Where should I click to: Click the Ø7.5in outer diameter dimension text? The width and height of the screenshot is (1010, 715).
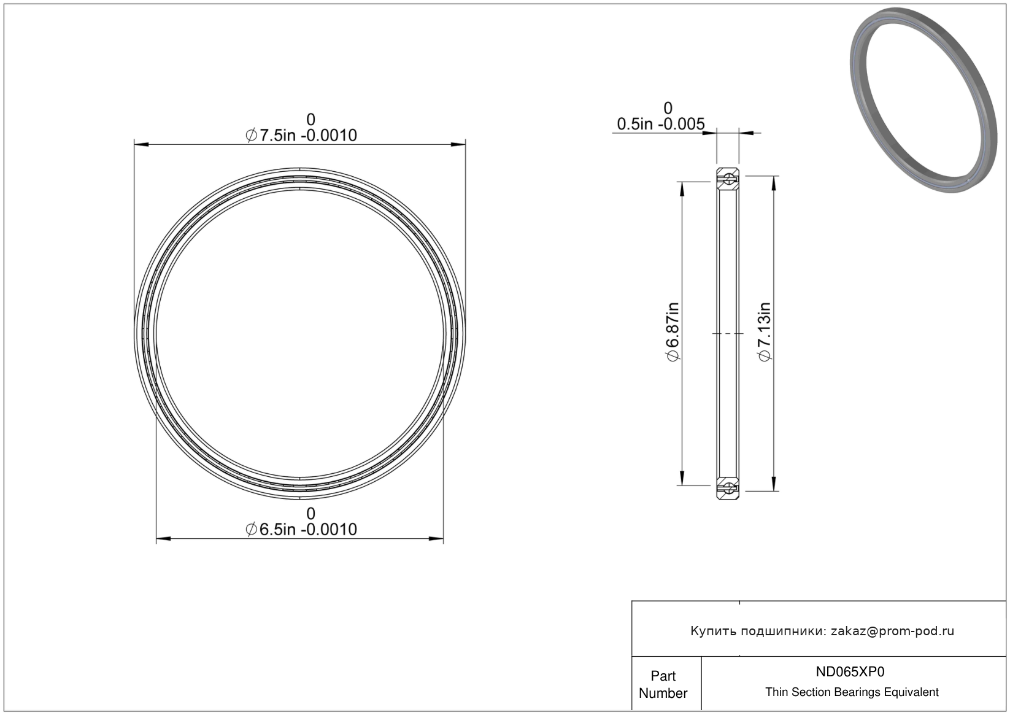pyautogui.click(x=301, y=135)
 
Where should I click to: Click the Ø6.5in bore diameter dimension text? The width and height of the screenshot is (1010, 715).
pyautogui.click(x=301, y=529)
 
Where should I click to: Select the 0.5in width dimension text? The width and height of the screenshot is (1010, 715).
pyautogui.click(x=661, y=123)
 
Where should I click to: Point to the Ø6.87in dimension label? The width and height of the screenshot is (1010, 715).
pyautogui.click(x=673, y=331)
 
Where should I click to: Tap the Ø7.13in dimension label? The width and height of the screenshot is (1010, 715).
pyautogui.click(x=765, y=331)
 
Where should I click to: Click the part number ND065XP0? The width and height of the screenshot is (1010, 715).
pyautogui.click(x=850, y=671)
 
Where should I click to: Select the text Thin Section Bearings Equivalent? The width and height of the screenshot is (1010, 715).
pyautogui.click(x=852, y=692)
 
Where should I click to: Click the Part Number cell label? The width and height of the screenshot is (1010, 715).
pyautogui.click(x=663, y=684)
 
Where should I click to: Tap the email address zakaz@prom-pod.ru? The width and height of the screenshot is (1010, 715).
pyautogui.click(x=892, y=631)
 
